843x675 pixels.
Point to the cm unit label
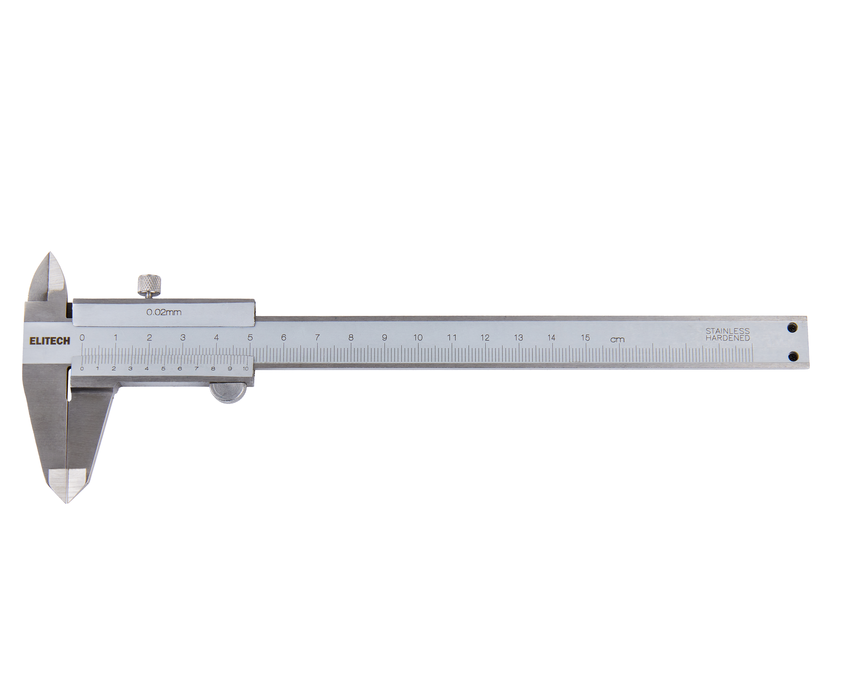click(x=617, y=340)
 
